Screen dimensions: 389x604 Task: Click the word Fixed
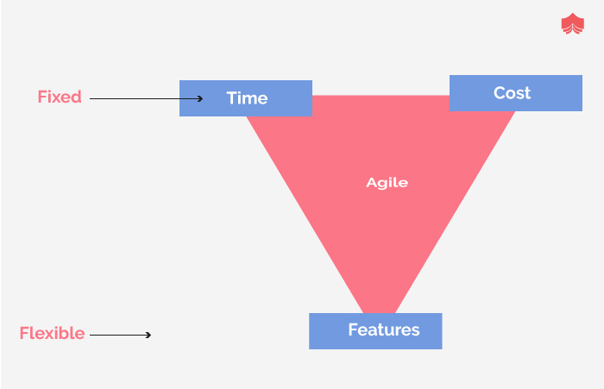click(60, 97)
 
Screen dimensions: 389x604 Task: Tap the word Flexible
click(52, 333)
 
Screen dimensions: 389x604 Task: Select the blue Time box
click(246, 98)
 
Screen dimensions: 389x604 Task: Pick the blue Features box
click(375, 330)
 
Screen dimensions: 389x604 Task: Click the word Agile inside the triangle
click(387, 183)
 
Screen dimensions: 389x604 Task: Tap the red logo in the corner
click(572, 23)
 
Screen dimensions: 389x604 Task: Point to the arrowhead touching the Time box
click(199, 98)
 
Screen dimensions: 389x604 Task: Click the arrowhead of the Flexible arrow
click(148, 334)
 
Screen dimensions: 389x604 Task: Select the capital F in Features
click(353, 330)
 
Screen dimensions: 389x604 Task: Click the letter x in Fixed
click(55, 97)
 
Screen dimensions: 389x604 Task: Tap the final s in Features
click(415, 331)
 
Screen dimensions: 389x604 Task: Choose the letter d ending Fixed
click(77, 97)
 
